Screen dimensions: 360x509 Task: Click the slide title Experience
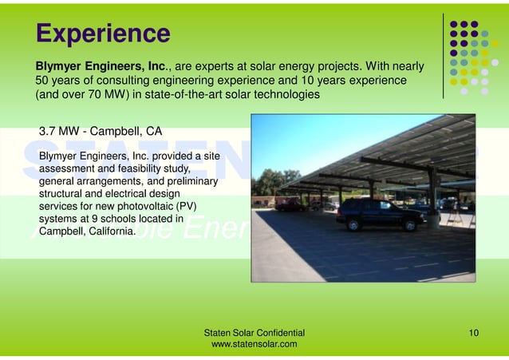[x=102, y=34]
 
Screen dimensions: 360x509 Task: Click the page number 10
[x=474, y=331]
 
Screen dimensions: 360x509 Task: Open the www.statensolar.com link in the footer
[x=254, y=344]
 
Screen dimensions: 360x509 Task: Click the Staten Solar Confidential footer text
[x=254, y=331]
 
